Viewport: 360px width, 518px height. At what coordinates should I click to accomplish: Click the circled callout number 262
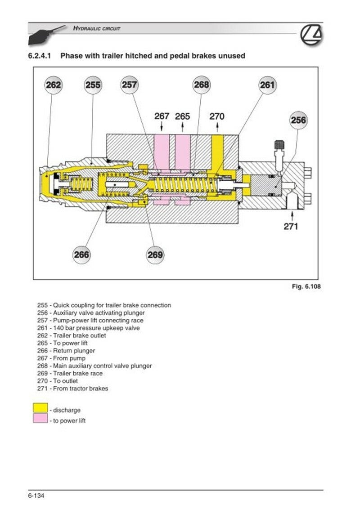[54, 85]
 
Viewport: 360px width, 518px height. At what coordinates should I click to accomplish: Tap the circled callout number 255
[93, 85]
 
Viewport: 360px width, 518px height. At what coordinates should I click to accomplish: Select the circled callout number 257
[129, 85]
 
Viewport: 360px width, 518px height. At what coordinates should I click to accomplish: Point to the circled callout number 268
[202, 85]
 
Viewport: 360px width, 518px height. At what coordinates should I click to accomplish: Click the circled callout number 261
[267, 85]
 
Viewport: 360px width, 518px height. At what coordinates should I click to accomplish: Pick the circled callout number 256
[298, 120]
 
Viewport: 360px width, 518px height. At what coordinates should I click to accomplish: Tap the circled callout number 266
[81, 255]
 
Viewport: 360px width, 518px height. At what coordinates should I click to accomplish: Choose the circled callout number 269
[155, 255]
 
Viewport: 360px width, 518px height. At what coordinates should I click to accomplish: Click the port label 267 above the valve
[162, 116]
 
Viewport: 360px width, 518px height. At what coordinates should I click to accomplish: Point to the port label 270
[217, 116]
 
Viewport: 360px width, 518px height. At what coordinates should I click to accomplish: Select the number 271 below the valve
[291, 226]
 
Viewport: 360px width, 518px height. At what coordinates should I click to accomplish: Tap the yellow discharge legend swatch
[40, 408]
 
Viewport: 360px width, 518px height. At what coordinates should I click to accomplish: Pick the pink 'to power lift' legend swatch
[40, 419]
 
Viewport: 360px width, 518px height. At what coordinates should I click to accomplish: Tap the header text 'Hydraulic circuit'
[97, 28]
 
